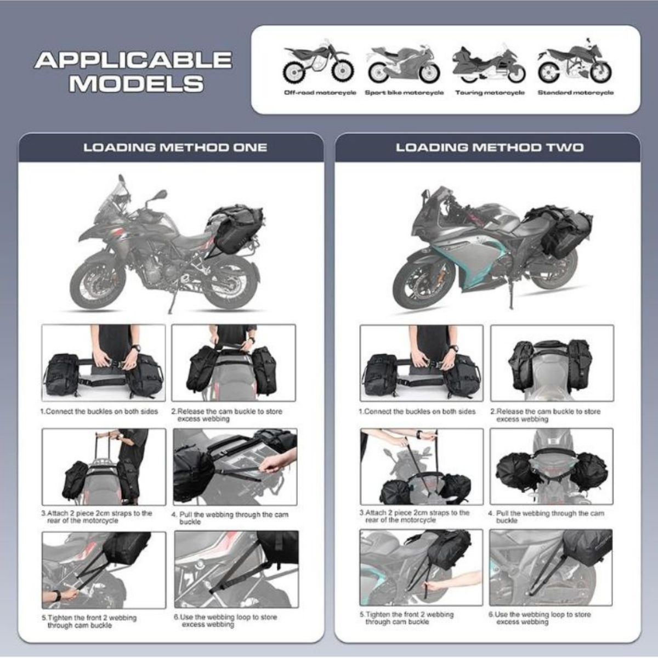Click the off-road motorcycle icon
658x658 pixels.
(x=317, y=63)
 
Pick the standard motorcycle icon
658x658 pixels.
(x=575, y=63)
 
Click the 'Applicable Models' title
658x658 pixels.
(x=133, y=71)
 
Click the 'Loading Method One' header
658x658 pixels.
(x=175, y=148)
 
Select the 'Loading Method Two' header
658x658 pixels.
(x=490, y=148)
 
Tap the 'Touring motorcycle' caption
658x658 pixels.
(x=490, y=93)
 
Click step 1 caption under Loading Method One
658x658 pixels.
(x=99, y=411)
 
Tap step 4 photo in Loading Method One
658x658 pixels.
(x=235, y=467)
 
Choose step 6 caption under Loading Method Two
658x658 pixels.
(x=540, y=618)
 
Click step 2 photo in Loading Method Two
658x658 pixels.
(x=552, y=362)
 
